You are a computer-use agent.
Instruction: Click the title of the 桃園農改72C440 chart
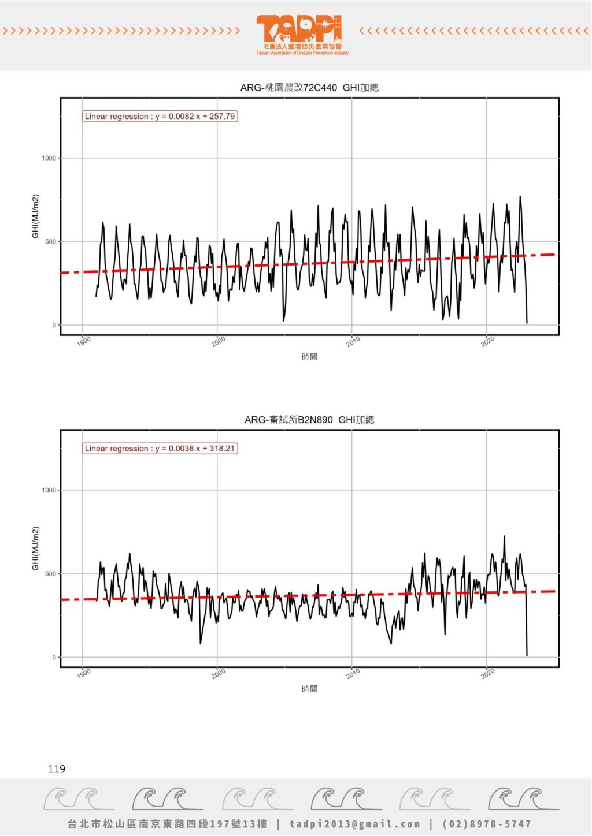click(x=309, y=88)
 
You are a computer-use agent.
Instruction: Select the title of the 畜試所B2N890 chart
click(x=309, y=420)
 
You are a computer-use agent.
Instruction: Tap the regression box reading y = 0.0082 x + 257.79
click(x=160, y=116)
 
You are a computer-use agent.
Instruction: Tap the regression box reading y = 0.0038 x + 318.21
click(x=160, y=448)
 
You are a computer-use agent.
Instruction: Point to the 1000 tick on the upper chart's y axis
click(x=49, y=158)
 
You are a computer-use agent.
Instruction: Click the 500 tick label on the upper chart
click(x=51, y=242)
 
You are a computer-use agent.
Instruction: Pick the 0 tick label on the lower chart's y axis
click(x=54, y=657)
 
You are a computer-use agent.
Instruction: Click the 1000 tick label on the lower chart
click(x=49, y=490)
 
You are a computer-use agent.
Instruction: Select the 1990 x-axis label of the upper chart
click(x=84, y=341)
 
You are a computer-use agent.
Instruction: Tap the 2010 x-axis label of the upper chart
click(x=353, y=341)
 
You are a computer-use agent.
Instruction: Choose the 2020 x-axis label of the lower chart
click(x=488, y=673)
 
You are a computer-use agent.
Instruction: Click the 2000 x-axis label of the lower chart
click(x=219, y=673)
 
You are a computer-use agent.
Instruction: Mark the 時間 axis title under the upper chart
click(x=309, y=357)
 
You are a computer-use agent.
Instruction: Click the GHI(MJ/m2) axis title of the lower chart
click(x=36, y=548)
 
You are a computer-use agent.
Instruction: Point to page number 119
click(x=57, y=769)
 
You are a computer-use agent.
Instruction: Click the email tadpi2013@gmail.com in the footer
click(x=355, y=824)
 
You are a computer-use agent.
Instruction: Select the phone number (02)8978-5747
click(x=486, y=824)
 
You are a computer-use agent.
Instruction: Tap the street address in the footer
click(x=168, y=824)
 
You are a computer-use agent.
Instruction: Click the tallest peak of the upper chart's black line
click(x=520, y=197)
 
